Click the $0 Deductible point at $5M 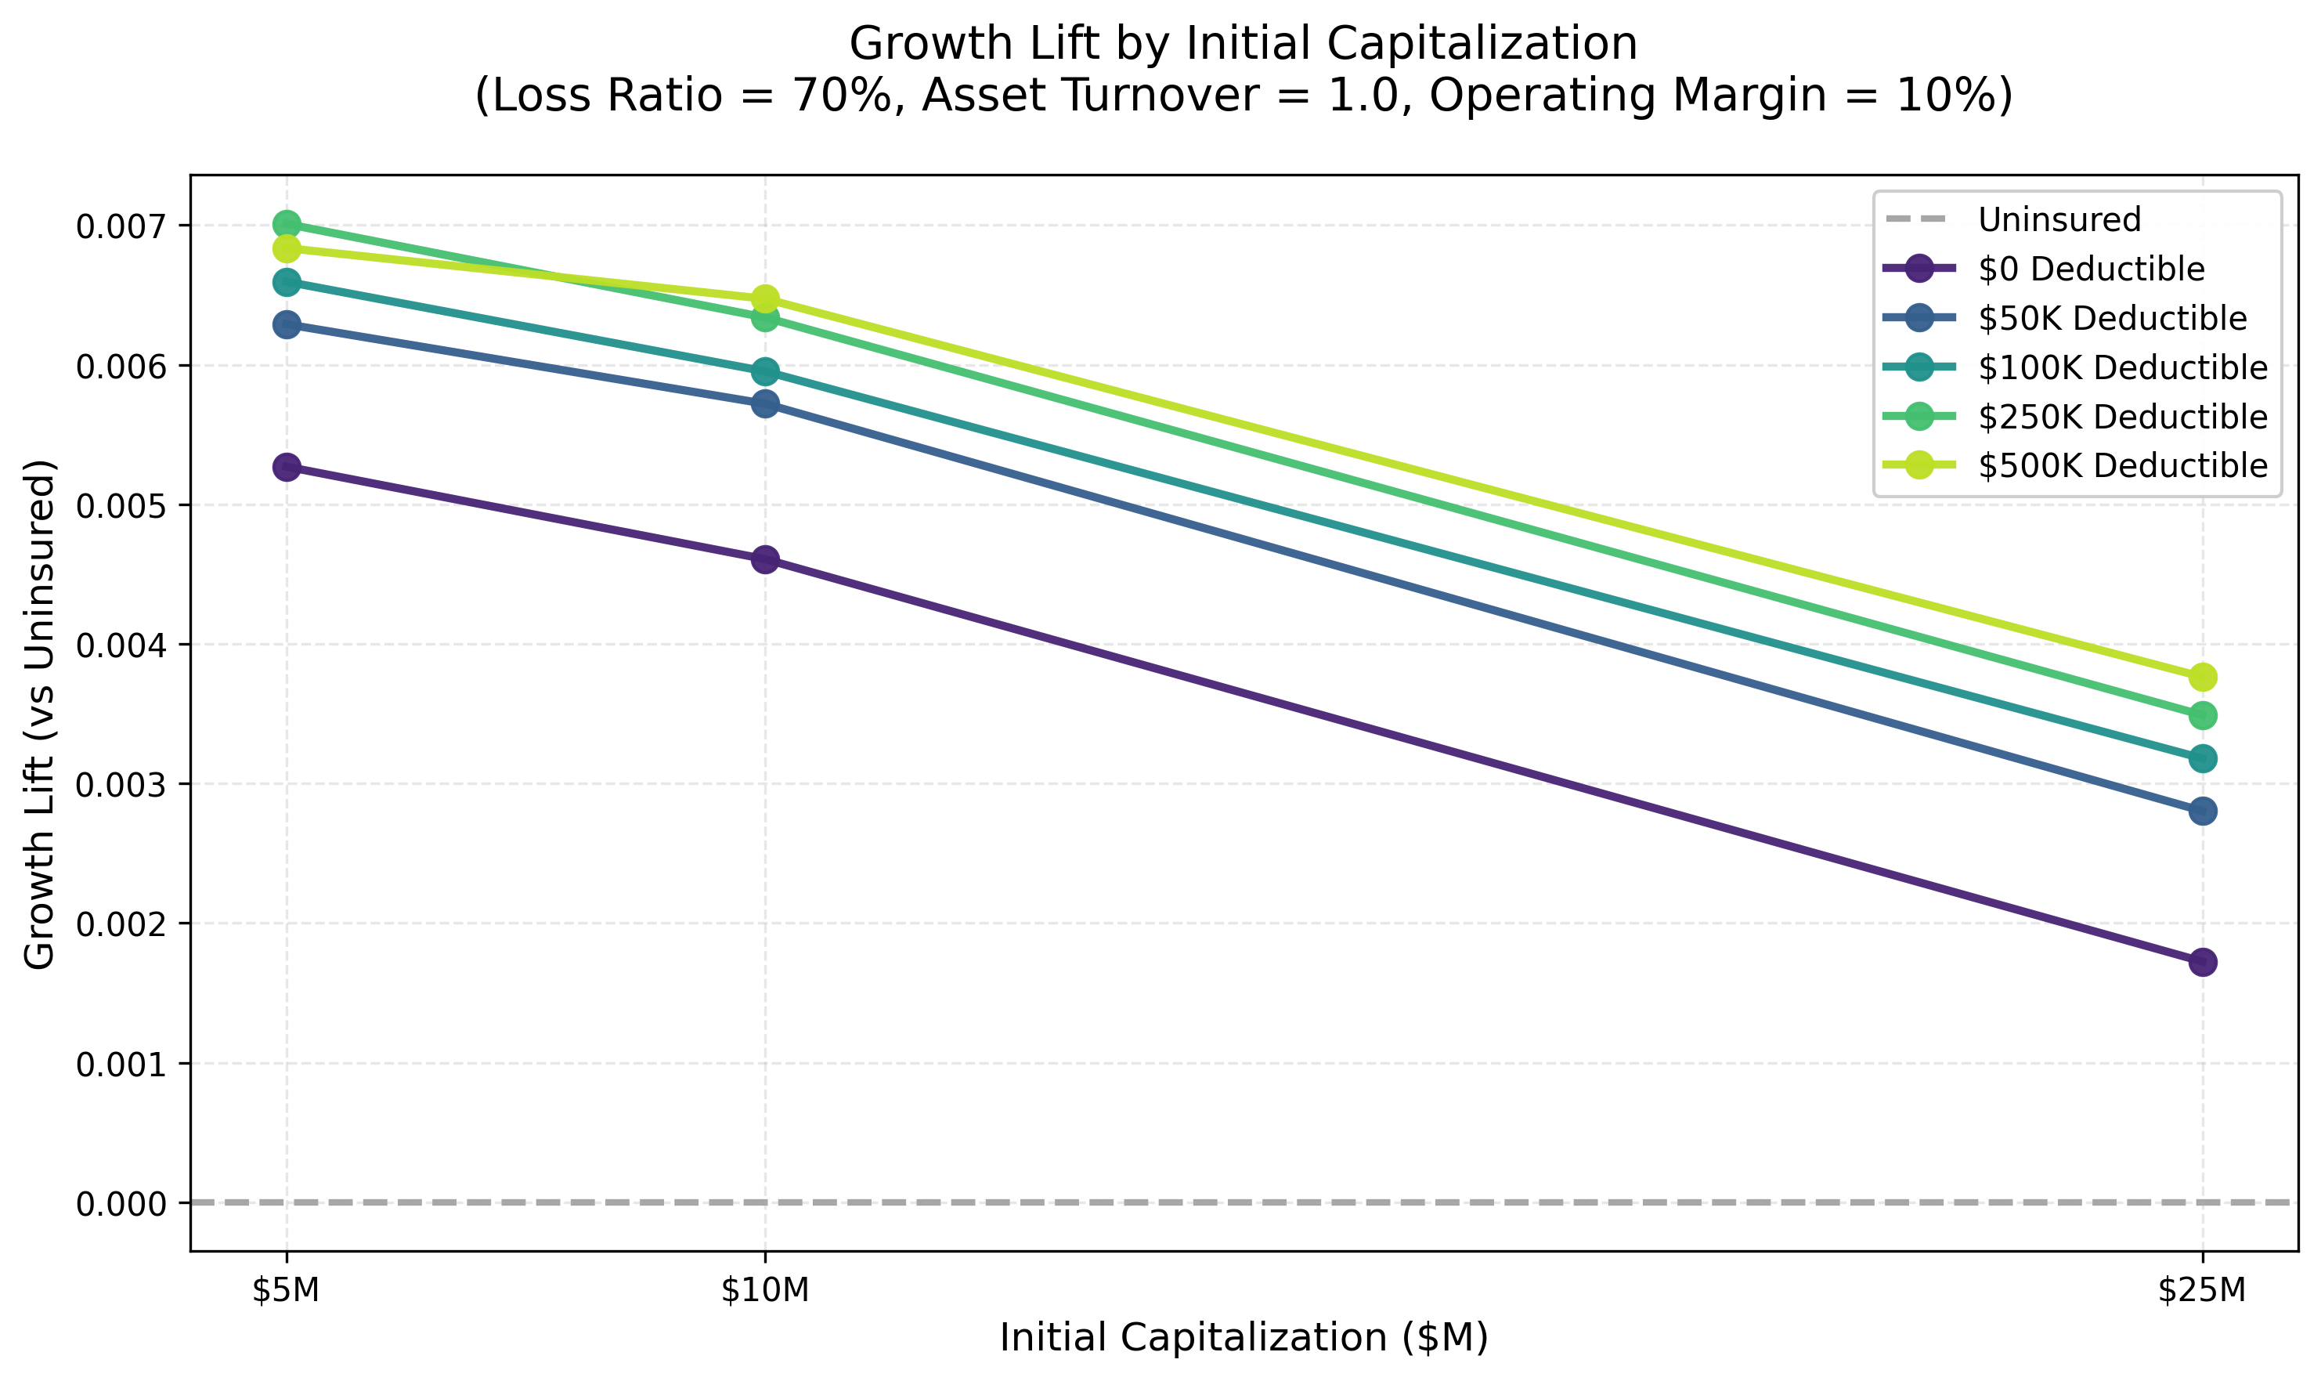(287, 467)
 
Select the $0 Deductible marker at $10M (765, 559)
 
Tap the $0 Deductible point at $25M (2202, 962)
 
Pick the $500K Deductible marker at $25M (2202, 677)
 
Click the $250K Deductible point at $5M (287, 224)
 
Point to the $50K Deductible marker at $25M (2202, 812)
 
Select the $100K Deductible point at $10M (765, 372)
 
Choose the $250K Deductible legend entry (2122, 417)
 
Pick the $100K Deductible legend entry (2122, 367)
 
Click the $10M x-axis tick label (765, 1291)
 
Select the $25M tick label (2202, 1291)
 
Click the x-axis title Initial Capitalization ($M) (1244, 1338)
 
